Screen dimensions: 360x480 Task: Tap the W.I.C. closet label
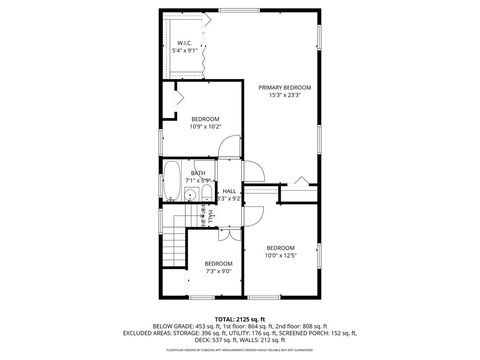point(184,43)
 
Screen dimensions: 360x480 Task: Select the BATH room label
point(199,173)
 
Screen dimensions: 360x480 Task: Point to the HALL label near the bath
point(229,190)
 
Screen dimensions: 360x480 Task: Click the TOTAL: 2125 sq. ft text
point(239,317)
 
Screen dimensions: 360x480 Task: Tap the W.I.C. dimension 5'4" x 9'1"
point(184,51)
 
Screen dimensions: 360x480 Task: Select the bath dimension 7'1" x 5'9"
point(199,180)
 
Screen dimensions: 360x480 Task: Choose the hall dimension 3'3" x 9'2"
point(229,198)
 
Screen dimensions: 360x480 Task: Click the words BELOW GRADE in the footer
point(176,326)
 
